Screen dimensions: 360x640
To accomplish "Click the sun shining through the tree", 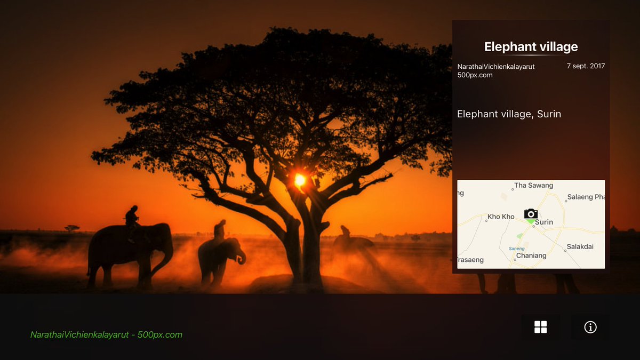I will click(300, 180).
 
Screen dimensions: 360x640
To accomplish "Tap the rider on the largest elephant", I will click(131, 217).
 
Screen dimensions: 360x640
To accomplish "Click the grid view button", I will click(540, 327).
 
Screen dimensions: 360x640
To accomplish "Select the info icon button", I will click(590, 327).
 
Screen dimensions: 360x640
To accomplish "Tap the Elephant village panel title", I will click(531, 47).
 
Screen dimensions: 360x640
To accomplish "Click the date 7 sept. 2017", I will click(586, 66).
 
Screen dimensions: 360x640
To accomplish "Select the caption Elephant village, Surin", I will click(509, 114).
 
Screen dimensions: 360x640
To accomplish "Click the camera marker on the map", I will click(531, 214).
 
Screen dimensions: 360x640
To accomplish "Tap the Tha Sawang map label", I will click(533, 186).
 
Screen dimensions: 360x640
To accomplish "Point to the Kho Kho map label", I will click(501, 217).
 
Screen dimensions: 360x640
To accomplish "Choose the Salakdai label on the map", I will click(580, 246).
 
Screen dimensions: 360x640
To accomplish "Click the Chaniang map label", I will click(531, 255).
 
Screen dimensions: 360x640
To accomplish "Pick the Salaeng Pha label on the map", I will click(586, 197).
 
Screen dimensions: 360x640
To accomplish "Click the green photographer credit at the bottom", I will click(106, 335).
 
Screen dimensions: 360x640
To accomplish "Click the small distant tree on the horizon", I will click(72, 228).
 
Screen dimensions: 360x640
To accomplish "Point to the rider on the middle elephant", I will click(219, 229).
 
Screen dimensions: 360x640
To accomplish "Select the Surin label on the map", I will click(544, 222).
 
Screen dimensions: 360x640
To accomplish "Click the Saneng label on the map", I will click(516, 249).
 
